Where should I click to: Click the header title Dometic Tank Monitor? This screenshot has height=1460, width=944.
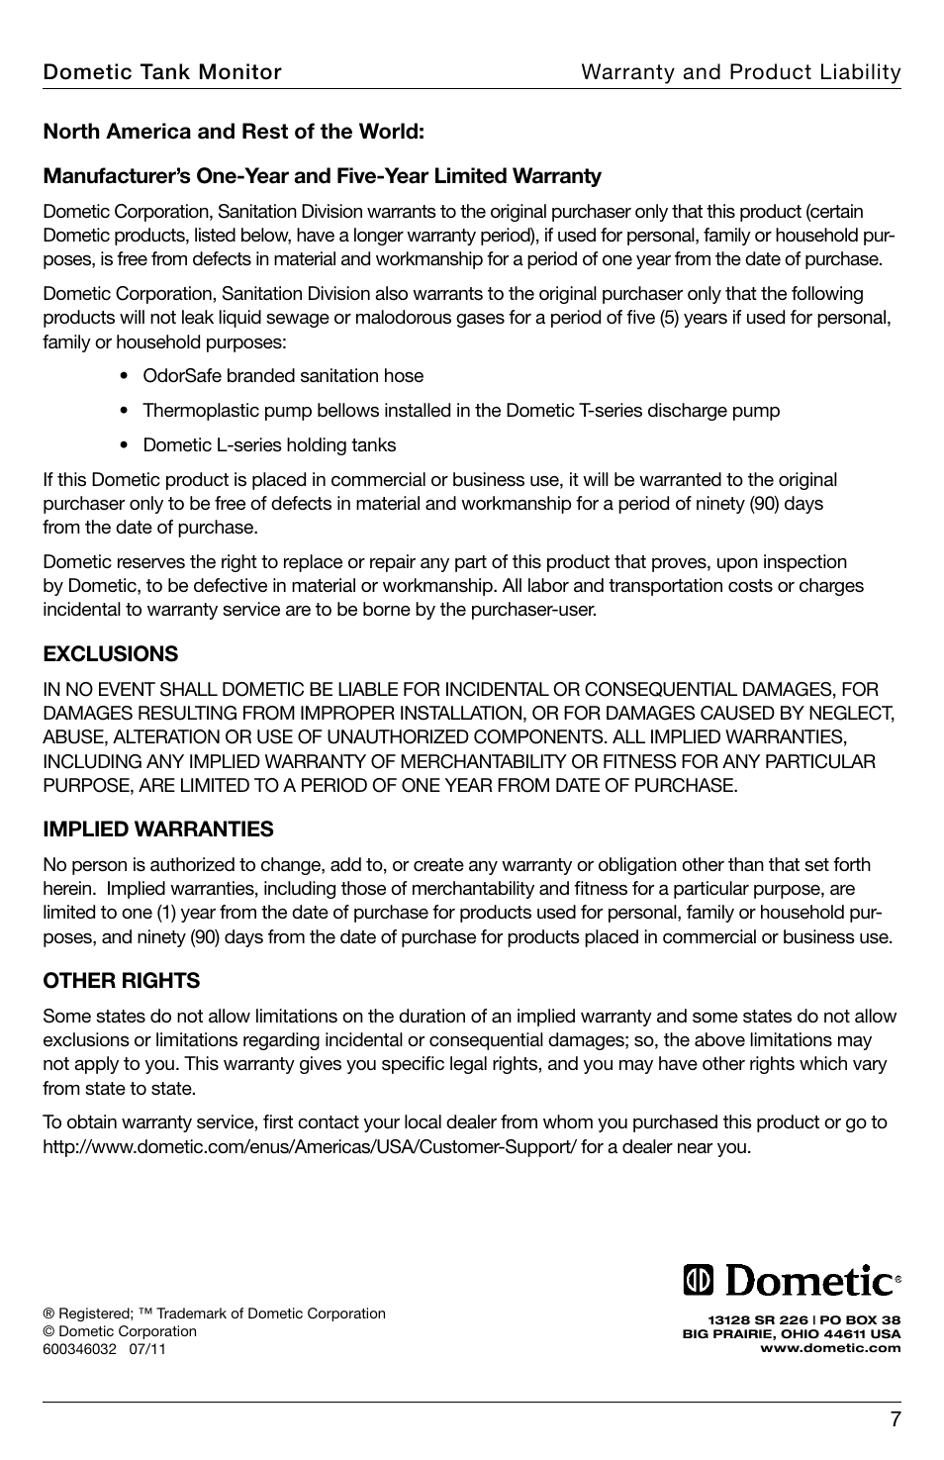pyautogui.click(x=161, y=71)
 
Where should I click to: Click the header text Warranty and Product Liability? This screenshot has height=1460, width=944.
pyautogui.click(x=740, y=71)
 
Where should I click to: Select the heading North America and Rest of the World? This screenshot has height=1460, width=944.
pyautogui.click(x=234, y=131)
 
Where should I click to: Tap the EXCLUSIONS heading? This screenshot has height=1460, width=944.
pyautogui.click(x=110, y=653)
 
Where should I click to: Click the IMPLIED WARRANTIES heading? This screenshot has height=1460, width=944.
pyautogui.click(x=157, y=828)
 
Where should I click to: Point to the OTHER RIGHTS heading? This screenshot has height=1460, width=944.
pyautogui.click(x=121, y=980)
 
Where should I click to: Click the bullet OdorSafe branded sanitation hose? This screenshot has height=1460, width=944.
pyautogui.click(x=283, y=376)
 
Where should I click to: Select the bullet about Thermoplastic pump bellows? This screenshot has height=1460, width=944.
pyautogui.click(x=461, y=410)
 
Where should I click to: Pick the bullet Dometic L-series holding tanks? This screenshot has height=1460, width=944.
pyautogui.click(x=269, y=444)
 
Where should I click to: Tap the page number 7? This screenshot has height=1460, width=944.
pyautogui.click(x=895, y=1419)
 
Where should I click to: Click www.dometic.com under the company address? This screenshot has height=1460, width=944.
pyautogui.click(x=829, y=1347)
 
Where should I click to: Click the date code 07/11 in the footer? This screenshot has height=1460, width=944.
pyautogui.click(x=147, y=1349)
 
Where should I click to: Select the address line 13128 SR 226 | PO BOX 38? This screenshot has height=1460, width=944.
pyautogui.click(x=803, y=1319)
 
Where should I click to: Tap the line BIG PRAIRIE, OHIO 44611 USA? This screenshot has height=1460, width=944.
pyautogui.click(x=792, y=1333)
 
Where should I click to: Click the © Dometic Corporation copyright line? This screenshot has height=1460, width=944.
pyautogui.click(x=120, y=1331)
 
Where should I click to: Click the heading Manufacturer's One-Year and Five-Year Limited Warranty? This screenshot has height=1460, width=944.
pyautogui.click(x=322, y=176)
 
